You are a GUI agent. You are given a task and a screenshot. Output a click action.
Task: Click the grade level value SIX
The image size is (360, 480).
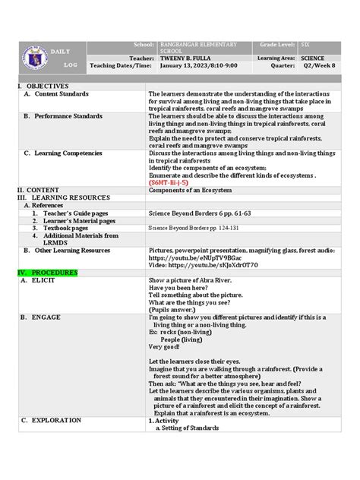click(305, 45)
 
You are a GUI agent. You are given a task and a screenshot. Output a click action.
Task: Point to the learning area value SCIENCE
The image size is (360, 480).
click(314, 58)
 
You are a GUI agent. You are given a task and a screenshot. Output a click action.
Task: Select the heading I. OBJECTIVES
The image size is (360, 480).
click(38, 87)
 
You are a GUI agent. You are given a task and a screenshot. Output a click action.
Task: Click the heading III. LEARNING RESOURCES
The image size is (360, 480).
click(63, 197)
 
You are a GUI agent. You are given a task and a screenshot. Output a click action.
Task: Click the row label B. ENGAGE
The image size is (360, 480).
click(45, 317)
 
